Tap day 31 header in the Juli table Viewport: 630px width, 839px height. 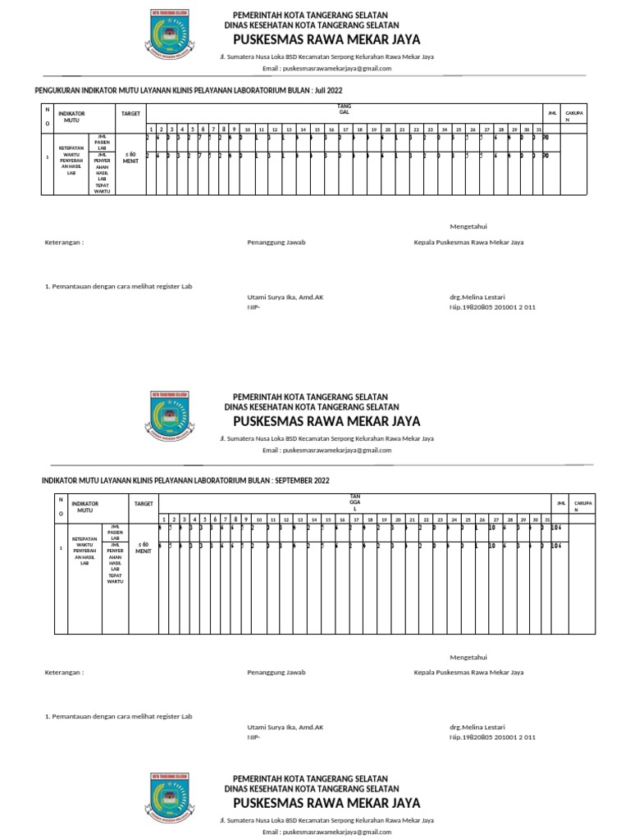(538, 129)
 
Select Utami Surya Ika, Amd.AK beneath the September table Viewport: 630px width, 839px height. (285, 727)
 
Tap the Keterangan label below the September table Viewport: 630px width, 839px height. (64, 672)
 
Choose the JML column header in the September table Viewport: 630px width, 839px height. (561, 502)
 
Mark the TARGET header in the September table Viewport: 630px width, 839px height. (144, 503)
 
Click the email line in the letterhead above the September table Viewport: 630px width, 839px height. (326, 450)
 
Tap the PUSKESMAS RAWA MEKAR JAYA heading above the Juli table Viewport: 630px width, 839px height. (326, 39)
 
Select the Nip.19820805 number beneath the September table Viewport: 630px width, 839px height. (492, 737)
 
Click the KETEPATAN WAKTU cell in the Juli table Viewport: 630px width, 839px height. (71, 161)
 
